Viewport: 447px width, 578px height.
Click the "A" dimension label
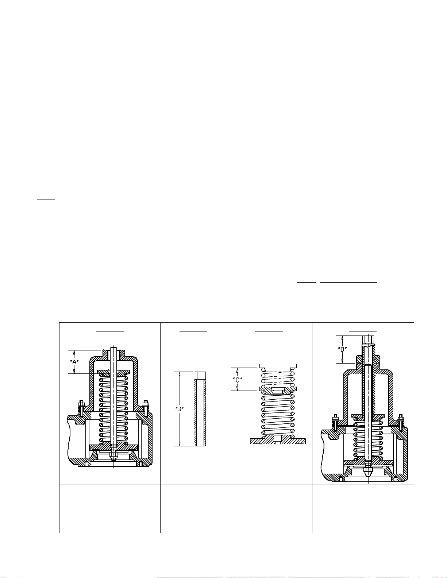74,362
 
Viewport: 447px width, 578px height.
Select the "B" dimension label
180,409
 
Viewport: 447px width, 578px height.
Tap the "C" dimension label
237,380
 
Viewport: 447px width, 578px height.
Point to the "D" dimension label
342,349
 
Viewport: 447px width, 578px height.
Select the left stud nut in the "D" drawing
335,420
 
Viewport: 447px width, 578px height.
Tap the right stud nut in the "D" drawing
400,420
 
